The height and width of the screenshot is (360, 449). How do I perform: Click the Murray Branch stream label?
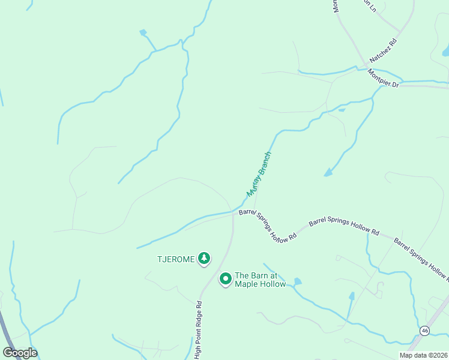tap(260, 174)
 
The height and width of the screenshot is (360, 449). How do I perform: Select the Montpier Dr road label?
tap(383, 79)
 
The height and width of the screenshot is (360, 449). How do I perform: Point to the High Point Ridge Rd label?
tap(197, 329)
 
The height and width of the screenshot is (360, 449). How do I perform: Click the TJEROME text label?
tap(176, 259)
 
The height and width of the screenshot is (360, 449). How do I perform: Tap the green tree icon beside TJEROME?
tap(204, 258)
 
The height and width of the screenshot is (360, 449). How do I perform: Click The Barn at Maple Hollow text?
tap(260, 280)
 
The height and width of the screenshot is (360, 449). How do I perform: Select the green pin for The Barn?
tap(226, 278)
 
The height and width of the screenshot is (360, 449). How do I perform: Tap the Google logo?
tap(20, 353)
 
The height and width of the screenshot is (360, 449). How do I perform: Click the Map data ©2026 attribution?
tap(424, 355)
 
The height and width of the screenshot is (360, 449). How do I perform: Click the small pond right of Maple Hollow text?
tap(298, 281)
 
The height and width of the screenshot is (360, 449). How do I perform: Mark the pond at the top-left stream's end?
tap(143, 32)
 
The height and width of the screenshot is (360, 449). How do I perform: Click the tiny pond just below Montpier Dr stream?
tap(342, 110)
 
